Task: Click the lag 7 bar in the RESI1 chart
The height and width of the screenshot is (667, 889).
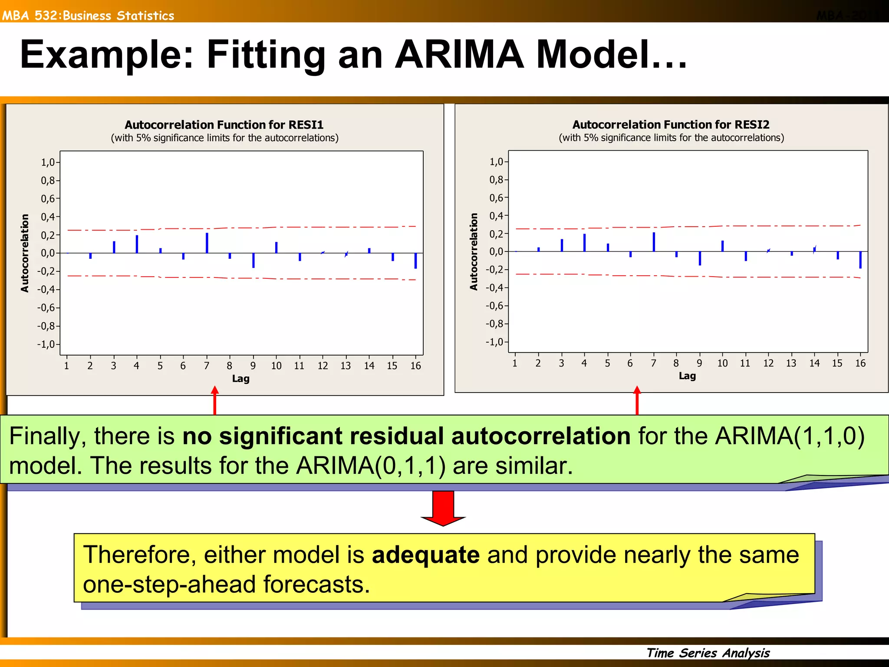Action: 207,243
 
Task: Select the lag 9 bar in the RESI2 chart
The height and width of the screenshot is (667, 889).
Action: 700,258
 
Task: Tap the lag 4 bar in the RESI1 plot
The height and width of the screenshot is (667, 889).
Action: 137,244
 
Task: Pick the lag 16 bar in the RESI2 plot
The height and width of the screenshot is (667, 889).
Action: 860,260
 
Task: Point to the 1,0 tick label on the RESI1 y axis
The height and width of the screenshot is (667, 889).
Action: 48,162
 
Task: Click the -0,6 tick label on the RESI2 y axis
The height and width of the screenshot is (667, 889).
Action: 494,306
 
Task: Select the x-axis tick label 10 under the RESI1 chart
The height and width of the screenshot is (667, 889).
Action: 276,366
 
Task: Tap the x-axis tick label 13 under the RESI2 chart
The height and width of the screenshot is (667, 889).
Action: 791,363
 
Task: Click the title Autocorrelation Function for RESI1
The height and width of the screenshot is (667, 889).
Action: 224,125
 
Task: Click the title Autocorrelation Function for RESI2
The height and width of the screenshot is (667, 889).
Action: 671,125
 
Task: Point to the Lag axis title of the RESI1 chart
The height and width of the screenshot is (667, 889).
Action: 240,379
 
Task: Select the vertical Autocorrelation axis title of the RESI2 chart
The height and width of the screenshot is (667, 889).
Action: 474,252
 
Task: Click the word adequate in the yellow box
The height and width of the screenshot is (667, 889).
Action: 425,555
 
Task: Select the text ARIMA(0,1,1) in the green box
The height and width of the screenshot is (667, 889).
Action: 371,466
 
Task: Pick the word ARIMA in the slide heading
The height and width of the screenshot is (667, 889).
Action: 459,55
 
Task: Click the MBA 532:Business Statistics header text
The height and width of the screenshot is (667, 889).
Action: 88,16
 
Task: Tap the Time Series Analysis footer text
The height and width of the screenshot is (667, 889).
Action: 708,653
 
